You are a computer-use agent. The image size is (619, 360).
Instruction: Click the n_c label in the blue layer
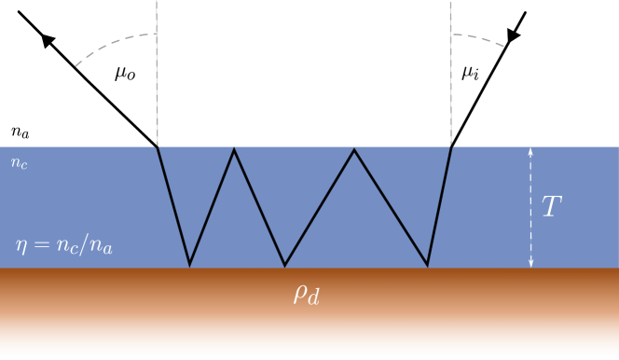point(19,163)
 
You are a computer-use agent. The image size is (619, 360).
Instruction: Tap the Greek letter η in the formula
point(21,246)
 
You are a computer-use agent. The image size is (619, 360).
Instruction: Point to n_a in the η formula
point(102,248)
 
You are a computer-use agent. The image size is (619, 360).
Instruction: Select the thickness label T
point(552,207)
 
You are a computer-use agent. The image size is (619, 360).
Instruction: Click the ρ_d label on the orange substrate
point(307,295)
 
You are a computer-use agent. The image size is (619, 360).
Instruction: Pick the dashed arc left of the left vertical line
point(112,46)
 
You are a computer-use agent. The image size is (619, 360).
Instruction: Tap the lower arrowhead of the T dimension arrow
point(530,264)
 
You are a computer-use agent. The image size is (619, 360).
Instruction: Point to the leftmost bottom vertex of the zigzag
point(190,265)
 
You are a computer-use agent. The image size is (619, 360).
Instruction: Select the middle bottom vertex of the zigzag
point(285,265)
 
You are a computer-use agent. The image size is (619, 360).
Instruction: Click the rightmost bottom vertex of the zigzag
point(428,265)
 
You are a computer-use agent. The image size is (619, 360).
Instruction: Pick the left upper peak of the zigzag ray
point(234,150)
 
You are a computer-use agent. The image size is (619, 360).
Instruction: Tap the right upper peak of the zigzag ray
point(354,150)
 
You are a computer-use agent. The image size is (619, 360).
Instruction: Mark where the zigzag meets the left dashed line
point(157,146)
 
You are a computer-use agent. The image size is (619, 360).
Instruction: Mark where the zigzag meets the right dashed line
point(451,146)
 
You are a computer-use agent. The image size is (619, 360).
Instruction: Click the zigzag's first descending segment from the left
point(173,206)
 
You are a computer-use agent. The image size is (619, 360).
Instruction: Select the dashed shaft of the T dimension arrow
point(530,207)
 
